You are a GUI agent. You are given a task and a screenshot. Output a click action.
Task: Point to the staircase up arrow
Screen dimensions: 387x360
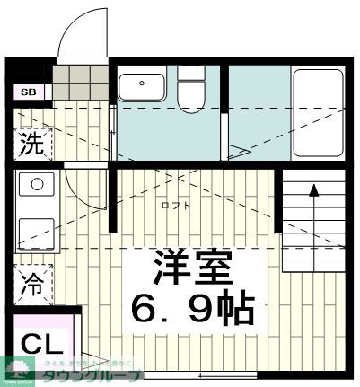[x=314, y=189]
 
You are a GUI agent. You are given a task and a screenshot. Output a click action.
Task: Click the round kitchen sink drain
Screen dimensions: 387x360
[x=37, y=185]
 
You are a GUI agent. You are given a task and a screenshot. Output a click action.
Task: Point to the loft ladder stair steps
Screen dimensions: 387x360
[x=314, y=224]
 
